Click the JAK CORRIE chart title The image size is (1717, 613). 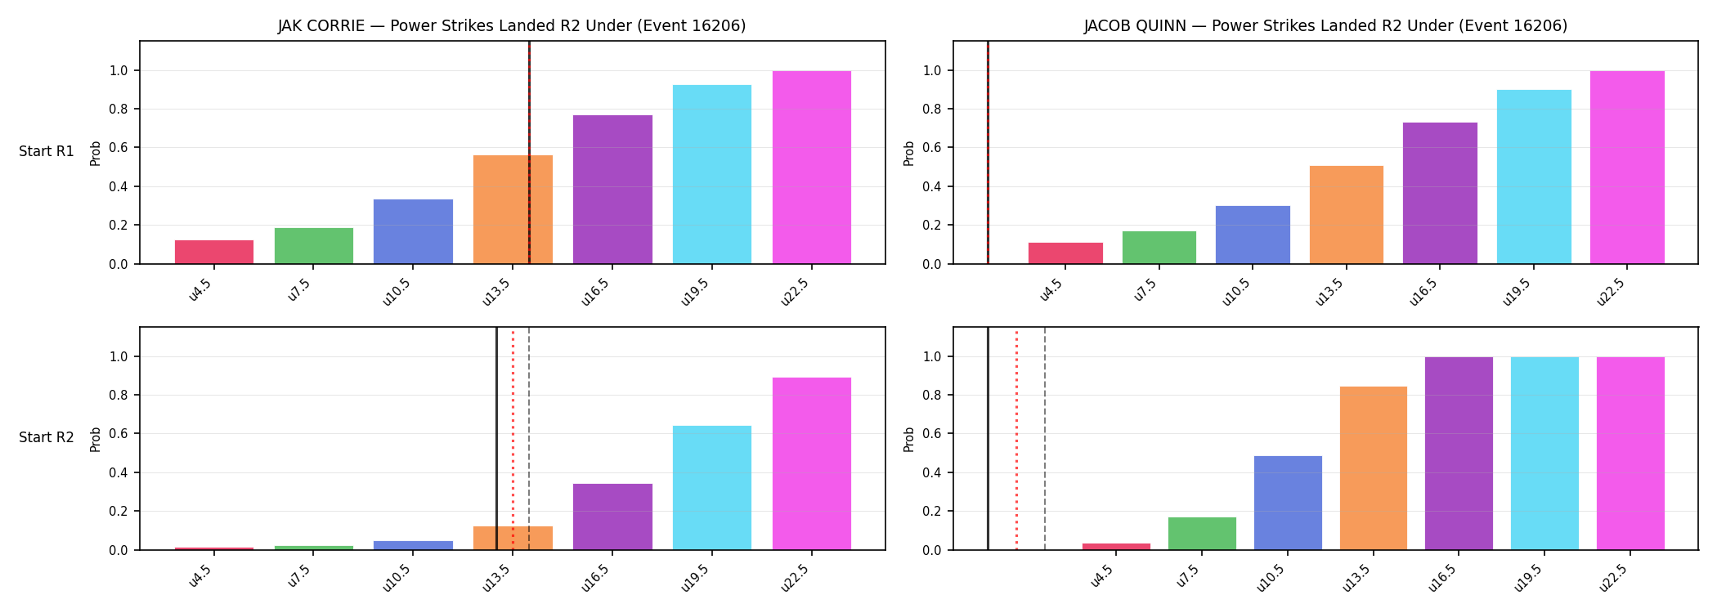(512, 26)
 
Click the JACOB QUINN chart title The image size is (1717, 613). (1325, 26)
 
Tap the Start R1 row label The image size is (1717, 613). (47, 152)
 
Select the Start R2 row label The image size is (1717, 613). (47, 438)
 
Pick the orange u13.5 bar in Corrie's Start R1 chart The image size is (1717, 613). (513, 209)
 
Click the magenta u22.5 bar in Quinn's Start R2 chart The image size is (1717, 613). (1630, 454)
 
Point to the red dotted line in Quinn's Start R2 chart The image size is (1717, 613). (1016, 439)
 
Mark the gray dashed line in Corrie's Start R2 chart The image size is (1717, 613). (529, 439)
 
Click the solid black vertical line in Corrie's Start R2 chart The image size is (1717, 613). (496, 439)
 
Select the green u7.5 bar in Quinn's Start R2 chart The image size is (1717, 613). (1202, 534)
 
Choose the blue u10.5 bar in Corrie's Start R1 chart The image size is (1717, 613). (413, 231)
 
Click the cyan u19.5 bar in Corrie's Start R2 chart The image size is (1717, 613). (712, 488)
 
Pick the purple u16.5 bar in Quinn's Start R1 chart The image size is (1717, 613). (1440, 193)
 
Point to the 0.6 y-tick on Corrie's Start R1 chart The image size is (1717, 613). (119, 148)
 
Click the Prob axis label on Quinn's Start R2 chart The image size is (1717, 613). (909, 439)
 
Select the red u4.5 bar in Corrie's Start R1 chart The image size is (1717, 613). (214, 252)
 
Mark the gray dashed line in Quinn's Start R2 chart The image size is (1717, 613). (1045, 439)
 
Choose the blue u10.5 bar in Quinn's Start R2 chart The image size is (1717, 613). (1288, 503)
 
